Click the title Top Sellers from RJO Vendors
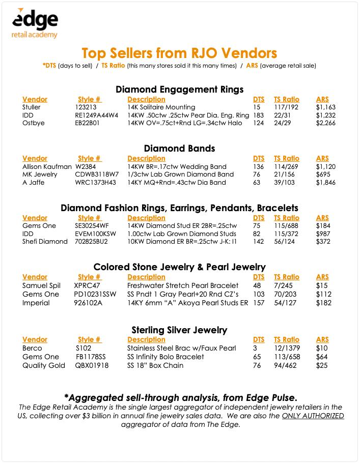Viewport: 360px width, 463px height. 179,53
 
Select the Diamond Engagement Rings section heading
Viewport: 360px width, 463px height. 179,90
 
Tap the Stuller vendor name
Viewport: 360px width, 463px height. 32,107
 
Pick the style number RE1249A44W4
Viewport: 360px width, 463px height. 96,115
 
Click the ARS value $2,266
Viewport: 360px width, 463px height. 326,124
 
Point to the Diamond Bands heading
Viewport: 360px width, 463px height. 179,149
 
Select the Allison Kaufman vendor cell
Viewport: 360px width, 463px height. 47,166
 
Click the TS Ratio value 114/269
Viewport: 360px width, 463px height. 287,166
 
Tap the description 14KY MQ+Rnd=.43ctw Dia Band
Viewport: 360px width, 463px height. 176,183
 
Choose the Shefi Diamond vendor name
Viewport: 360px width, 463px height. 45,242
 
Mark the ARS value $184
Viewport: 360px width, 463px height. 323,225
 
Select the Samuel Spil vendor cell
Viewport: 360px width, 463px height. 42,285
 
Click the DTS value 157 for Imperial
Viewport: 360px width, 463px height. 259,303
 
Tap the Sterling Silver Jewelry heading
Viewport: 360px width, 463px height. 179,330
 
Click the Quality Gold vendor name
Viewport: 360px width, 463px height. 44,365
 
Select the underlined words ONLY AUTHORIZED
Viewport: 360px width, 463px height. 313,416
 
